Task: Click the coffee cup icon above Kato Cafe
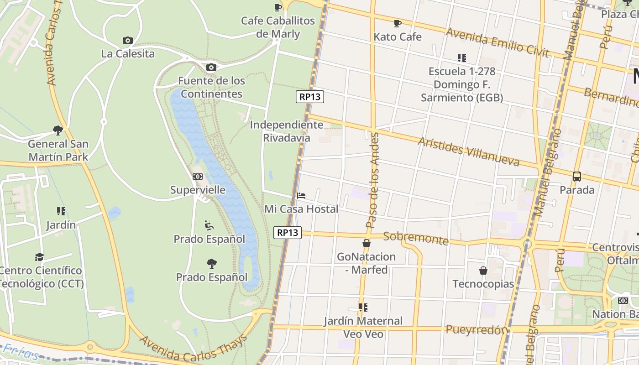pyautogui.click(x=397, y=23)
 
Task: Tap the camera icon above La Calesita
pyautogui.click(x=128, y=40)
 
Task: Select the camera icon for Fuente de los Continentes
pyautogui.click(x=211, y=68)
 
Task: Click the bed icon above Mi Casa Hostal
pyautogui.click(x=301, y=196)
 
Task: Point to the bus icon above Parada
pyautogui.click(x=577, y=176)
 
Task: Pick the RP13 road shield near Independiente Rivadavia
pyautogui.click(x=310, y=97)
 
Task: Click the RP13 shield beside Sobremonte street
pyautogui.click(x=288, y=233)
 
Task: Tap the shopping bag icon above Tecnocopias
pyautogui.click(x=483, y=271)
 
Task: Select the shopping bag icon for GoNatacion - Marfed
pyautogui.click(x=367, y=243)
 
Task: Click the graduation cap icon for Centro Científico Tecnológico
pyautogui.click(x=40, y=257)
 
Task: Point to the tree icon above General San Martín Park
pyautogui.click(x=58, y=130)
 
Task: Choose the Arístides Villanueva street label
pyautogui.click(x=469, y=151)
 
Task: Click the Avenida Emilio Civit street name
pyautogui.click(x=497, y=42)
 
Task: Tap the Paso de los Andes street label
pyautogui.click(x=374, y=181)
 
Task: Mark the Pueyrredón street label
pyautogui.click(x=477, y=329)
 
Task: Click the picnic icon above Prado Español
pyautogui.click(x=209, y=225)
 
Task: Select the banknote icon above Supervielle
pyautogui.click(x=198, y=177)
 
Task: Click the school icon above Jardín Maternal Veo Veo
pyautogui.click(x=363, y=308)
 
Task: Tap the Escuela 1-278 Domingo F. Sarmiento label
pyautogui.click(x=461, y=84)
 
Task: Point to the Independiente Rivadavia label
pyautogui.click(x=287, y=131)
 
